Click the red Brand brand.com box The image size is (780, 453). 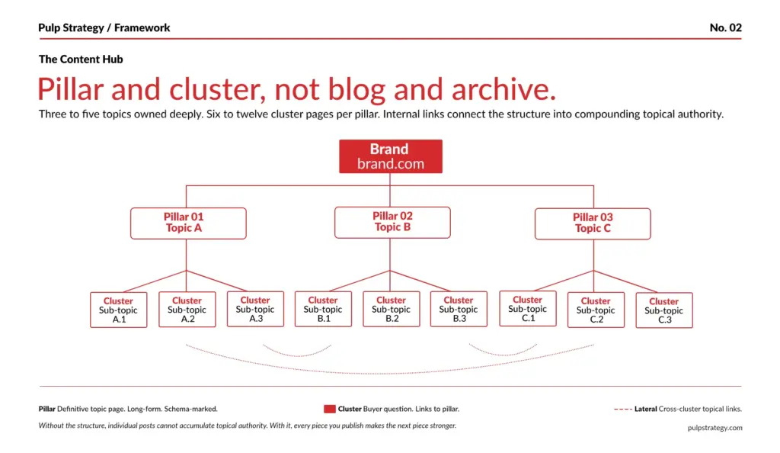[x=390, y=156]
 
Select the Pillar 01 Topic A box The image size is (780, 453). [x=188, y=223]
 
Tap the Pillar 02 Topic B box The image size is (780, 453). [x=392, y=222]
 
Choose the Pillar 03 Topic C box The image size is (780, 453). [x=593, y=223]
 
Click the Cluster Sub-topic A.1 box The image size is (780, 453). [x=118, y=310]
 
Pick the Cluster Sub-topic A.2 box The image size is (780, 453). [x=187, y=310]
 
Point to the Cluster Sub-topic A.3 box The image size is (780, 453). [x=255, y=309]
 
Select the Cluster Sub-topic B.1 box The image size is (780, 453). [x=323, y=309]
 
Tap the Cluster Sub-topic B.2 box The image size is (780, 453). [x=391, y=309]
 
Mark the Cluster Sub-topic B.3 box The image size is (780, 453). [x=459, y=309]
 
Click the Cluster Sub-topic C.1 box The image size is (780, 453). [x=527, y=308]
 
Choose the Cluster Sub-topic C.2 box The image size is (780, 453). [x=596, y=310]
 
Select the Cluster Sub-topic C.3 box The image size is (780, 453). [x=664, y=310]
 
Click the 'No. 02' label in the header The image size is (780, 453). [x=725, y=27]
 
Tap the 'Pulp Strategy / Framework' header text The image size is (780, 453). [x=104, y=27]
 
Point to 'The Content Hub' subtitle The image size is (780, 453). [x=81, y=59]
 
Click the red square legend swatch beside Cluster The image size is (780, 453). [x=330, y=409]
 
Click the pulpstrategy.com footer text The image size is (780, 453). [x=714, y=428]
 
